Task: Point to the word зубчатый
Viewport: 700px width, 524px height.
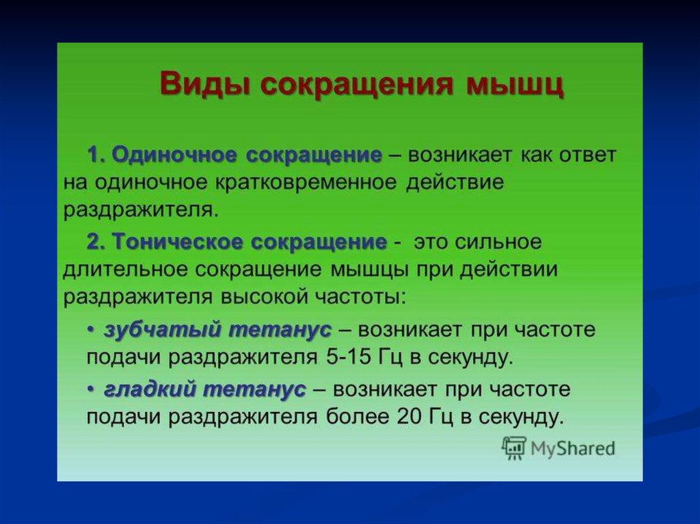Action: tap(163, 330)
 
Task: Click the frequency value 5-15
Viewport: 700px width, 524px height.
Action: tap(348, 358)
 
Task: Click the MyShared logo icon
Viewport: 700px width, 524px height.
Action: tap(514, 448)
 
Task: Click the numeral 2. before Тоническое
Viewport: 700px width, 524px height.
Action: tap(96, 243)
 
